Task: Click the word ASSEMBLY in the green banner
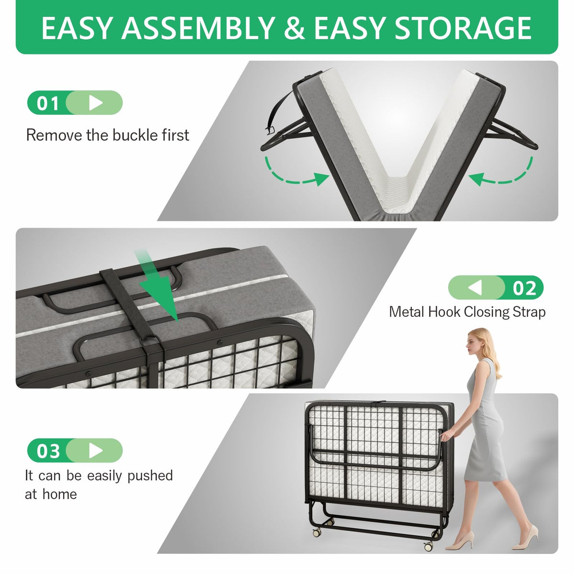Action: coord(198,28)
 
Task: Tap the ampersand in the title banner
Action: coord(295,28)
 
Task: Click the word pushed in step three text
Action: coord(150,475)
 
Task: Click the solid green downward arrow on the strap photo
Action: coord(158,286)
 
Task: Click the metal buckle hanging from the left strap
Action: coord(270,130)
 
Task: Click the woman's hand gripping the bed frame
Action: coord(446,435)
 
